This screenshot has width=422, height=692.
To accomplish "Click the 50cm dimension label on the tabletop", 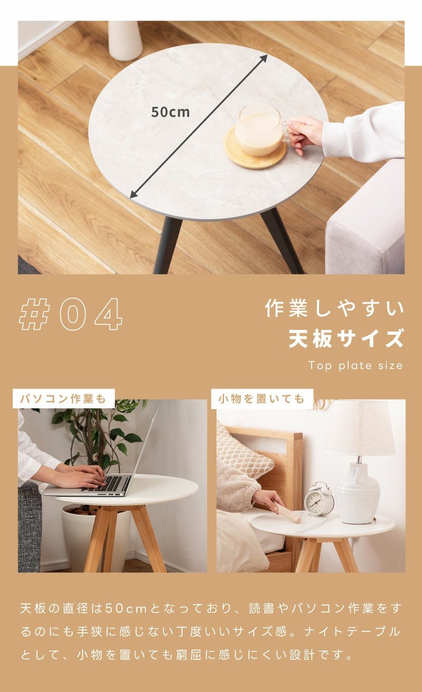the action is [x=170, y=112].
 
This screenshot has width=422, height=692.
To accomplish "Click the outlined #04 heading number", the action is [x=70, y=314].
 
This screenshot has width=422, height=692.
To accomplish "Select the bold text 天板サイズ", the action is [x=346, y=339].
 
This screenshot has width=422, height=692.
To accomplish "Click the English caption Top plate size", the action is [x=356, y=366].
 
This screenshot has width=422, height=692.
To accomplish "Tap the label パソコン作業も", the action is [x=63, y=399].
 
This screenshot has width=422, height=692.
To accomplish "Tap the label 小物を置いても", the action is [x=262, y=399].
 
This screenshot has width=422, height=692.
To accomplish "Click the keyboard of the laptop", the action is [x=107, y=484].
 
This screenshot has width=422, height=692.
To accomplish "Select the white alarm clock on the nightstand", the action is [x=319, y=499].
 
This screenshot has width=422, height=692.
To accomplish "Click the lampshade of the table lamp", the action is [x=360, y=427].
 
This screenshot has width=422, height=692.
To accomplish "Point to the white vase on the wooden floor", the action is [x=125, y=41].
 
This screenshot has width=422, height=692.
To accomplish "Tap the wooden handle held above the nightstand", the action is [x=287, y=512].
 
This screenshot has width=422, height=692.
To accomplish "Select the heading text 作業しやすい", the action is [x=334, y=308].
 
